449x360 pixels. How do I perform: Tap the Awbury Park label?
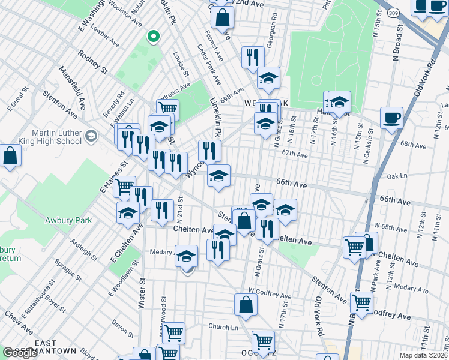point(68,220)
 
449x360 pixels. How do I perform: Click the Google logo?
point(20,353)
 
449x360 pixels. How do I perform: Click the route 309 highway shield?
point(393,11)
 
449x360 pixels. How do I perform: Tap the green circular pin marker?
point(153,37)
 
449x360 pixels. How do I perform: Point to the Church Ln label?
point(223,327)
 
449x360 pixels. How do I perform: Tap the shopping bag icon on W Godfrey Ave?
point(246,304)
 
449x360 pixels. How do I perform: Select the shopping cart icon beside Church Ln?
point(173,332)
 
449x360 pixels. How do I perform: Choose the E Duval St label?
point(17,100)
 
